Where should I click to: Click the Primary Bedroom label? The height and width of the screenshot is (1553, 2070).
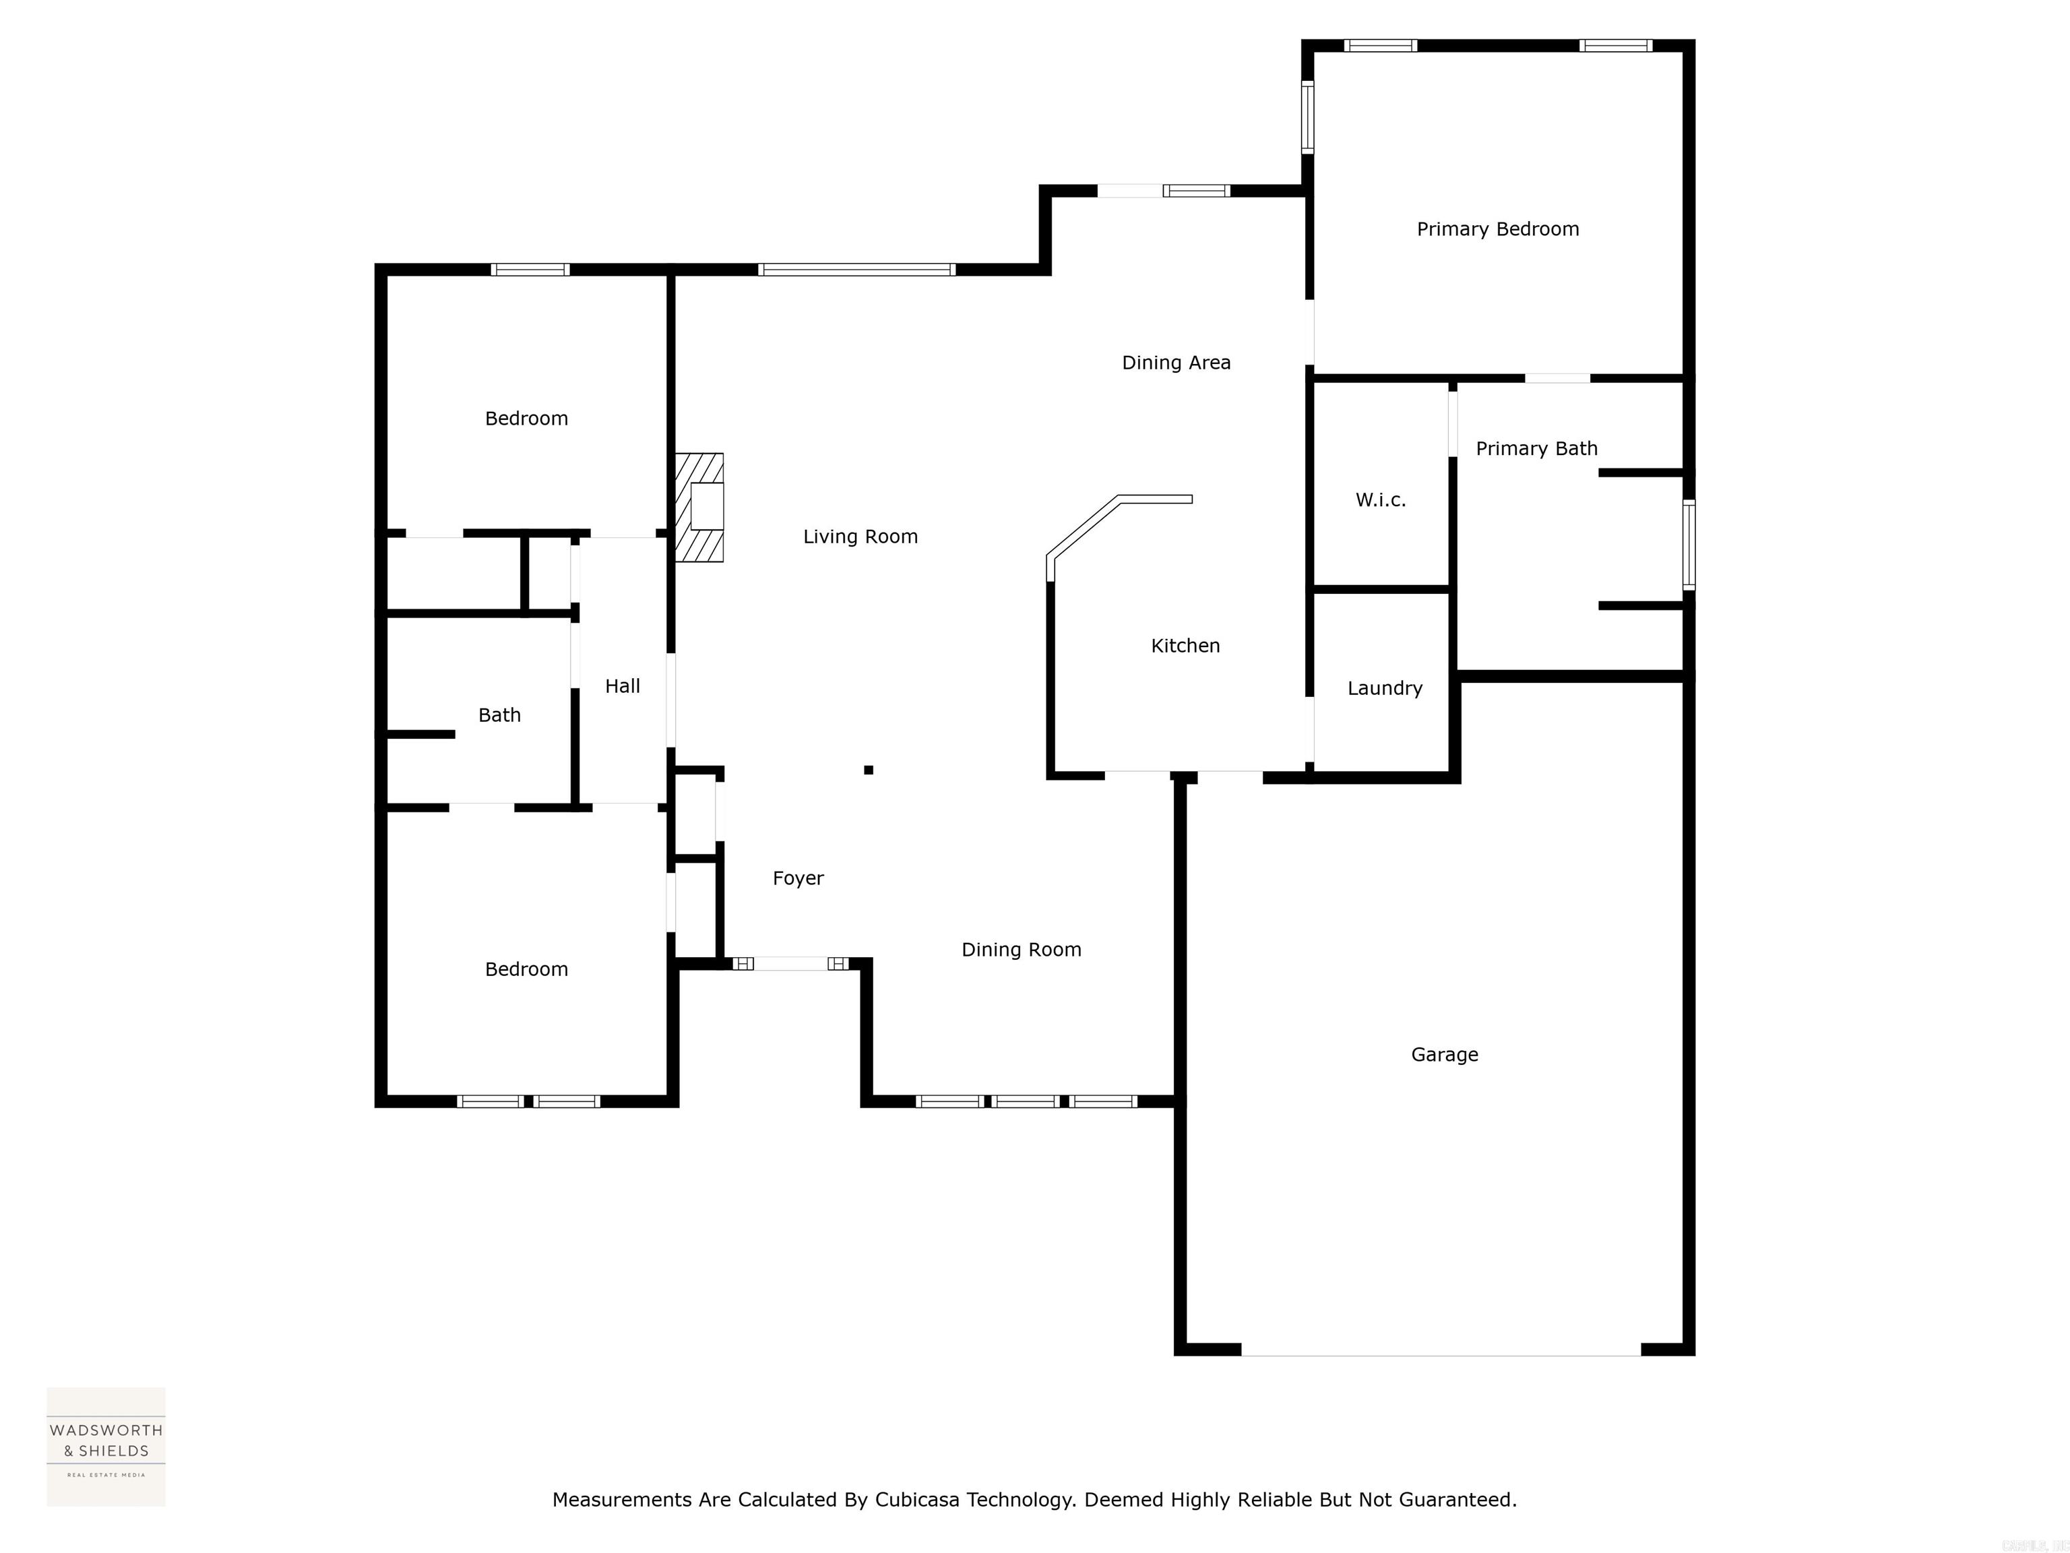tap(1497, 229)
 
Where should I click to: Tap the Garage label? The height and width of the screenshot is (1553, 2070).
tap(1444, 1055)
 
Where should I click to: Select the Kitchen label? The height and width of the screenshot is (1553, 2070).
tap(1185, 646)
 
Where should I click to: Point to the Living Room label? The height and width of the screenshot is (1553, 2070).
tap(860, 537)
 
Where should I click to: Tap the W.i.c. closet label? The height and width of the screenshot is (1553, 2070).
tap(1380, 500)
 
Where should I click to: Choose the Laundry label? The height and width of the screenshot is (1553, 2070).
tap(1384, 689)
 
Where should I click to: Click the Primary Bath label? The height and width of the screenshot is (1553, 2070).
tap(1536, 448)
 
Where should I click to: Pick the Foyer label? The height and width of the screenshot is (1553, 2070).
tap(797, 878)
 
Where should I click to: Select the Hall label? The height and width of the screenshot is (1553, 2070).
tap(623, 686)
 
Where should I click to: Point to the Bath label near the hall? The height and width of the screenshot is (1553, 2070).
tap(499, 715)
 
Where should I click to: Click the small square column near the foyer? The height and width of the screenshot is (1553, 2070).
tap(869, 770)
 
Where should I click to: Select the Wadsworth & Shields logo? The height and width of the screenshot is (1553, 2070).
tap(106, 1447)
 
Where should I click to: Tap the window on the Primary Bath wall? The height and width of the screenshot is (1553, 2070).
tap(1688, 545)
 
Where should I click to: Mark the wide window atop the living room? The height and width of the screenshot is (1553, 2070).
tap(856, 270)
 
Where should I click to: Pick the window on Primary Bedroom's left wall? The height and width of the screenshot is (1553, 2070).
tap(1307, 117)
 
